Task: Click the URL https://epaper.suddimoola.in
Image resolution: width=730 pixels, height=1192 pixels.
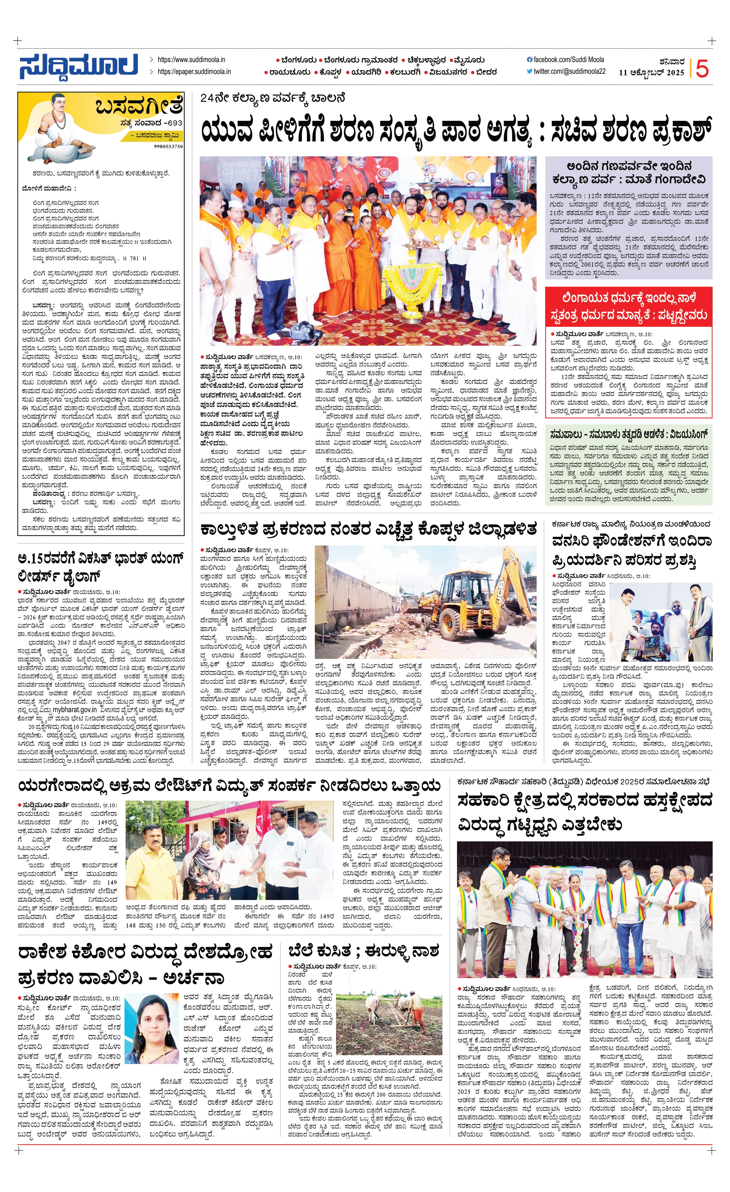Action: pos(194,72)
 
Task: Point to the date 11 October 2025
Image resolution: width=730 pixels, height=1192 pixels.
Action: pos(651,73)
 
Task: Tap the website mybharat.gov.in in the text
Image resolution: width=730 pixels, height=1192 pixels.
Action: pos(74,710)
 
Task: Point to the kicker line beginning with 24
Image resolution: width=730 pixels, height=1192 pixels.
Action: pos(272,98)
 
